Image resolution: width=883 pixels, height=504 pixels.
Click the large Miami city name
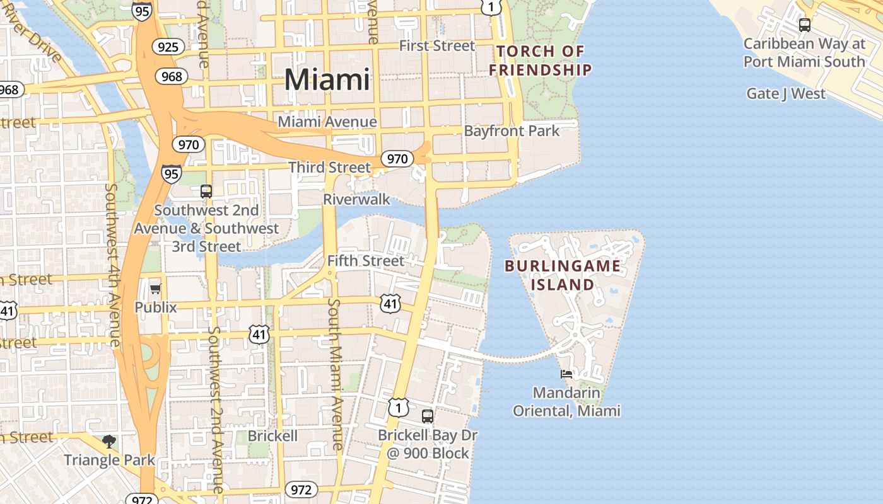click(327, 80)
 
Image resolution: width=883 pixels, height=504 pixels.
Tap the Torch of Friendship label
click(541, 60)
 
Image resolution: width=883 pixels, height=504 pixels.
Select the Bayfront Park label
click(512, 131)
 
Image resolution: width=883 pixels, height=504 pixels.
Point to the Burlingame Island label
click(563, 275)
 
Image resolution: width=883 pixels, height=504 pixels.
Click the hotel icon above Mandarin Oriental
click(566, 374)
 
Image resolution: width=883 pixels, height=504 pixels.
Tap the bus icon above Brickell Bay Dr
click(428, 416)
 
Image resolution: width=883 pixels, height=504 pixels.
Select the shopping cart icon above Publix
click(155, 289)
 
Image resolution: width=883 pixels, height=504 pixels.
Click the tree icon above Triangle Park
click(109, 441)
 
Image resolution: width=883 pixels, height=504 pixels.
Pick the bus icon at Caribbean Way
click(804, 25)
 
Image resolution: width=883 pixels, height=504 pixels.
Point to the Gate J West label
click(786, 94)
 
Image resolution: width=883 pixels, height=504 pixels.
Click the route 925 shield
click(168, 47)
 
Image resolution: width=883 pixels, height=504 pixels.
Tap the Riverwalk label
click(356, 200)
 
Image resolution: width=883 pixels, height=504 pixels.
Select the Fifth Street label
click(366, 260)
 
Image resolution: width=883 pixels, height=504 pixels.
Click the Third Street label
click(330, 168)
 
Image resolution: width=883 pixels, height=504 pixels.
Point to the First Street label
click(437, 45)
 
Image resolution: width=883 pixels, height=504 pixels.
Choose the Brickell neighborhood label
click(272, 436)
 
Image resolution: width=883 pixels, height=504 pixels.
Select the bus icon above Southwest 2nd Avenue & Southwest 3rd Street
click(206, 191)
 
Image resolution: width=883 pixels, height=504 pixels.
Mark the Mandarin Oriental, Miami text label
click(566, 402)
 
